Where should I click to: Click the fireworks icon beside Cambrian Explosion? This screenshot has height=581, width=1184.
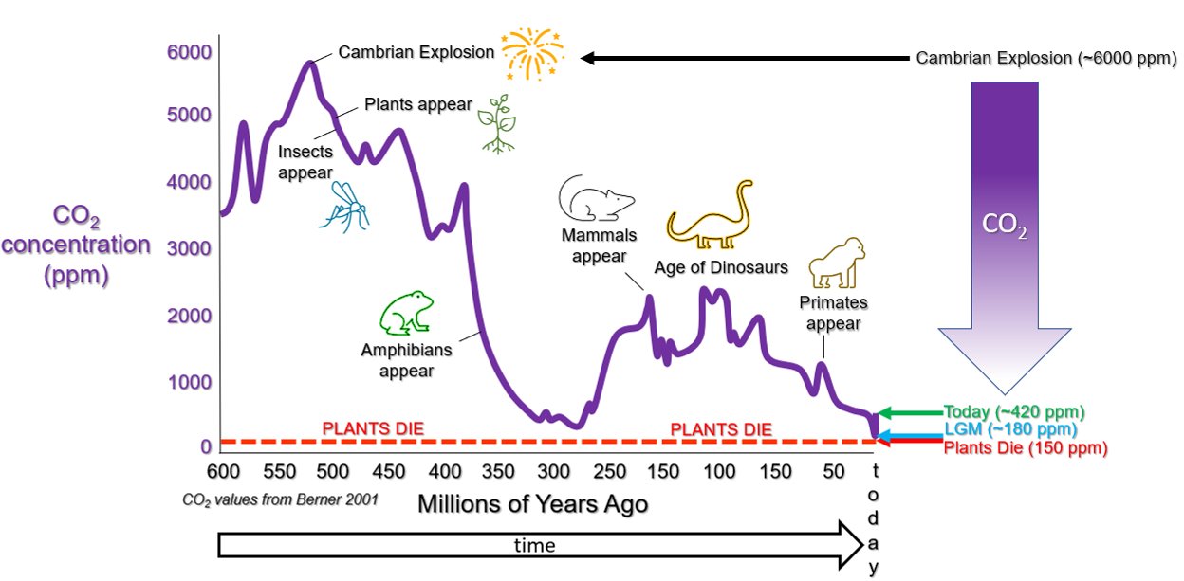pos(533,54)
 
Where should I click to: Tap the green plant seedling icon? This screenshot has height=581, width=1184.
pos(497,125)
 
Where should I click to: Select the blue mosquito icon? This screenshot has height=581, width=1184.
pos(344,207)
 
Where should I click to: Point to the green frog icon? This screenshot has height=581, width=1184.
pos(406,313)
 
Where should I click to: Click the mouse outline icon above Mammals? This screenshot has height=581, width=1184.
pos(596,199)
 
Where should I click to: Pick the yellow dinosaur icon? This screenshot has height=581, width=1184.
pos(710,215)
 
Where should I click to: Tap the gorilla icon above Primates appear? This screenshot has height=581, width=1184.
pos(837,263)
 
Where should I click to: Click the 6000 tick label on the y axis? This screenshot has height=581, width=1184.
pos(189,52)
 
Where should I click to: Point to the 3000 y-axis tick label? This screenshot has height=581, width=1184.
pos(189,248)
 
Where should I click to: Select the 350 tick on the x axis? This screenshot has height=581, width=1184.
pos(498,471)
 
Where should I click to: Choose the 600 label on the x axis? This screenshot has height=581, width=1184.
pos(223,471)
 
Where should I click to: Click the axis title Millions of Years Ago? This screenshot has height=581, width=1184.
pos(533,504)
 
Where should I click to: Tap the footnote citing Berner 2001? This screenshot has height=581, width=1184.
pos(280,499)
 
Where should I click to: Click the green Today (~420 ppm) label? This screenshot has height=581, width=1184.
pos(1014,411)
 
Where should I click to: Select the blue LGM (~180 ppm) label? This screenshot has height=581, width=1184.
pos(1010,429)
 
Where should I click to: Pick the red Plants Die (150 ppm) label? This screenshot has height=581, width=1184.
pos(1026,448)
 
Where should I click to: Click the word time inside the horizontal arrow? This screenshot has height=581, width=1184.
pos(534,545)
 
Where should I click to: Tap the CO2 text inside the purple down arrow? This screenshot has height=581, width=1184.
pos(1005,225)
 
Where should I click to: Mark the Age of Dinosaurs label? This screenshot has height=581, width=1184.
pos(721,267)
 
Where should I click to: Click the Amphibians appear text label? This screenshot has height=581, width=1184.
pos(406,360)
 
